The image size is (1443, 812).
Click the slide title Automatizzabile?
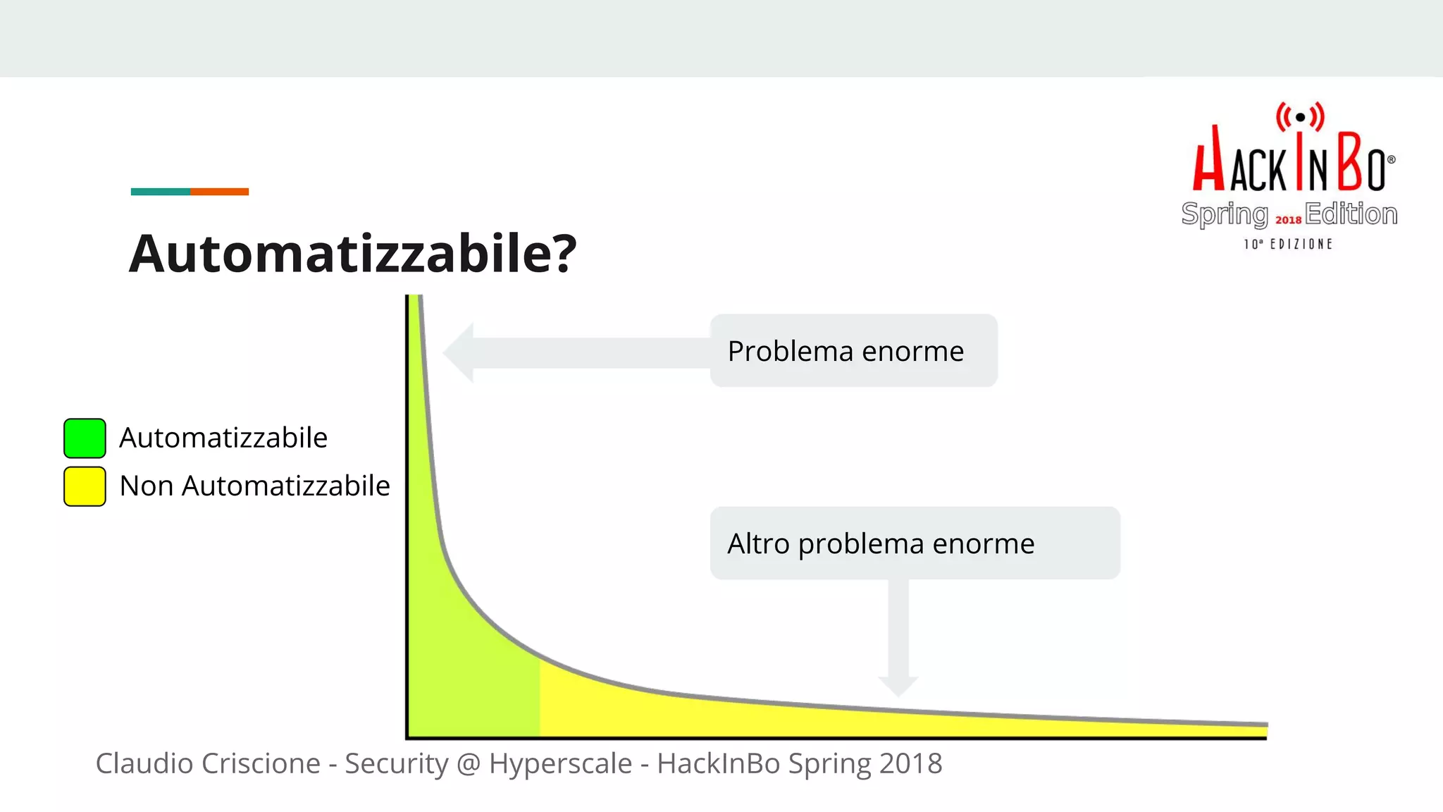(352, 254)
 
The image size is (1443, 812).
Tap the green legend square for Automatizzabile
(85, 438)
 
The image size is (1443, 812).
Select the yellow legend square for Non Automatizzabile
(85, 486)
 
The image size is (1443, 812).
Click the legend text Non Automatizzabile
(254, 486)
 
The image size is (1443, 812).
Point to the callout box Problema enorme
(853, 350)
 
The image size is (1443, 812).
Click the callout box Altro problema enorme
(915, 543)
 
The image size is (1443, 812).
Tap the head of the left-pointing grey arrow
(459, 352)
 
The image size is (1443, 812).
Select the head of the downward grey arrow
(898, 685)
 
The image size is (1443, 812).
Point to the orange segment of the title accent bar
(219, 192)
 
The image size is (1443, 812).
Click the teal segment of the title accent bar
(160, 192)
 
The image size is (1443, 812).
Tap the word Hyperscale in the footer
(560, 763)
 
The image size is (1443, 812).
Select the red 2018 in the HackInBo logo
(1288, 220)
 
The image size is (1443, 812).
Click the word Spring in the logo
(1224, 214)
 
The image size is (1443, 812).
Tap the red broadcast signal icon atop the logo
(1300, 117)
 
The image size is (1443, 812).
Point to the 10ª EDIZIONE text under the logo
(1288, 244)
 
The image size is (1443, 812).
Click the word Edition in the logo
(1351, 214)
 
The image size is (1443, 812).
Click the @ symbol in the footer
(469, 763)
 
